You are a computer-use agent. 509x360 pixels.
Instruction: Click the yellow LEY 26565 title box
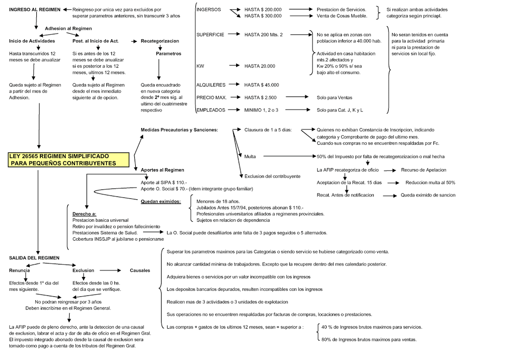tap(69, 160)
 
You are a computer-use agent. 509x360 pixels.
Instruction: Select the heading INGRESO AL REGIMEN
tap(35, 9)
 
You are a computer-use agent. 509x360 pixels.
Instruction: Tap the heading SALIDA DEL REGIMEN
tap(34, 258)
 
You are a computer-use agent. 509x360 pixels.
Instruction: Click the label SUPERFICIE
tap(210, 35)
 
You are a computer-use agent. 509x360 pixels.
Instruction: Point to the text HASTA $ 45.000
tap(262, 85)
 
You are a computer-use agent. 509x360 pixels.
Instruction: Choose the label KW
tap(200, 66)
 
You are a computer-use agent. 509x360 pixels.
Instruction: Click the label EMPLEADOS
tap(211, 110)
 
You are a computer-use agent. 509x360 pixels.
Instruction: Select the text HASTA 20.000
tap(260, 66)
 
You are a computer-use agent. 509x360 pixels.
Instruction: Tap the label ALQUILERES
tap(211, 85)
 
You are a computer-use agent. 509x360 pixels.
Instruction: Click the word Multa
tap(250, 157)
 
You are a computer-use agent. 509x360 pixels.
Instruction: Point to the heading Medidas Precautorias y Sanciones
tap(179, 130)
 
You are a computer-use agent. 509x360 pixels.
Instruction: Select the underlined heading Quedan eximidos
tap(161, 201)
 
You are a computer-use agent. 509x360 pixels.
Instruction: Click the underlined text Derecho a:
tap(84, 213)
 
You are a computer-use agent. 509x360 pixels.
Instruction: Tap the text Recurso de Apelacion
tap(424, 170)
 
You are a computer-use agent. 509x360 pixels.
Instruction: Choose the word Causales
tap(140, 270)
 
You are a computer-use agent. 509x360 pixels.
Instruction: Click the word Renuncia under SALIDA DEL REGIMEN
tap(19, 270)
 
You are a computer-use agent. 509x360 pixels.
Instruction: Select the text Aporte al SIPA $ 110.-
tap(164, 182)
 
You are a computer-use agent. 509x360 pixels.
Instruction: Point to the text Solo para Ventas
tap(335, 97)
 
